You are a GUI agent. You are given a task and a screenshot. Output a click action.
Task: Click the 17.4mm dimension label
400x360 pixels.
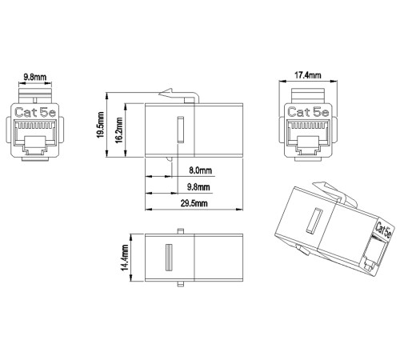307,75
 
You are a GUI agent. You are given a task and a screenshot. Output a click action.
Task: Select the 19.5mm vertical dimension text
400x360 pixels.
101,125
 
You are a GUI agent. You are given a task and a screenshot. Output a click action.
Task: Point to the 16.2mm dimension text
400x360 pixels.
119,130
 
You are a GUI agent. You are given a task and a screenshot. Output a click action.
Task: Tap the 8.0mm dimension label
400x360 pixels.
200,170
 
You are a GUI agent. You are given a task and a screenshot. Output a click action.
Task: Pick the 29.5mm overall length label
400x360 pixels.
194,203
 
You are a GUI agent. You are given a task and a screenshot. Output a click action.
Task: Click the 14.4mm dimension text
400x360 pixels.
125,258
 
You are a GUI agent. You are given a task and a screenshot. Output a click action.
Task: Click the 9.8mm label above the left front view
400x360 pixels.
35,78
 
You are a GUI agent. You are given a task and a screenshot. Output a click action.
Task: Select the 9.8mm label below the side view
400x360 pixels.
198,187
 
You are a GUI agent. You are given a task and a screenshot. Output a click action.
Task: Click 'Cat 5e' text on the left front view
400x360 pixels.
35,112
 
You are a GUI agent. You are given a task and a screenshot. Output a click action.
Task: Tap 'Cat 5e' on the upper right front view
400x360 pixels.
308,112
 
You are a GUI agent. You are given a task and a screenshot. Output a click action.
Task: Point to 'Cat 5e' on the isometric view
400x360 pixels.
383,230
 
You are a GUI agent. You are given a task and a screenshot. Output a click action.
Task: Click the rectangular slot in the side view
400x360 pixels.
181,130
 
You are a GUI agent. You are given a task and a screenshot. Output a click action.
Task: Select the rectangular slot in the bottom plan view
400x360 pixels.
169,257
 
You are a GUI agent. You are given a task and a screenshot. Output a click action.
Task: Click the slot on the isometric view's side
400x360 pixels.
314,221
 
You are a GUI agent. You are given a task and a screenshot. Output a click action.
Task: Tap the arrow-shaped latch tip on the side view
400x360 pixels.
166,93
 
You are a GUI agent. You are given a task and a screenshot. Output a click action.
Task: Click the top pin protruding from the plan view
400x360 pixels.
181,231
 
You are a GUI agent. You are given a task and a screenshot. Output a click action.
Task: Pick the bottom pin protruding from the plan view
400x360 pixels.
181,284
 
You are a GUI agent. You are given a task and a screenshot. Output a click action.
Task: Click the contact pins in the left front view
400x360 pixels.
35,125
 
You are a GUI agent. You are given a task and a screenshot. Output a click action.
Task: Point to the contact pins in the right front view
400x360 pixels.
308,125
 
